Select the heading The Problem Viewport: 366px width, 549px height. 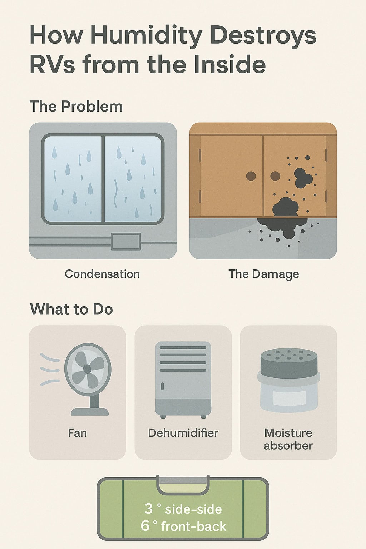pyautogui.click(x=76, y=107)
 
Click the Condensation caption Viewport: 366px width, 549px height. pyautogui.click(x=102, y=274)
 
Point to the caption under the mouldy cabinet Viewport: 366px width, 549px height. pyautogui.click(x=263, y=274)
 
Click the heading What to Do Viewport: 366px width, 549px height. pyautogui.click(x=71, y=309)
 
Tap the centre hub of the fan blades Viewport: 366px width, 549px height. pyautogui.click(x=87, y=369)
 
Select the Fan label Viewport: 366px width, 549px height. pyautogui.click(x=77, y=433)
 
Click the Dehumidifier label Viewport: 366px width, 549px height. pyautogui.click(x=183, y=433)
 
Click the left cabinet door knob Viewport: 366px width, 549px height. pyautogui.click(x=251, y=176)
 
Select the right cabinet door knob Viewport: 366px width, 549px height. pyautogui.click(x=275, y=176)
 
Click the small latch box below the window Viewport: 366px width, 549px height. pyautogui.click(x=126, y=242)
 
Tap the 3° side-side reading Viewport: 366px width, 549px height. pyautogui.click(x=183, y=509)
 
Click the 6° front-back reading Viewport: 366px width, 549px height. pyautogui.click(x=183, y=526)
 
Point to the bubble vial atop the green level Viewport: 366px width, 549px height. pyautogui.click(x=183, y=486)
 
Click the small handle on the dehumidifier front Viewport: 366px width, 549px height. pyautogui.click(x=162, y=386)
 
